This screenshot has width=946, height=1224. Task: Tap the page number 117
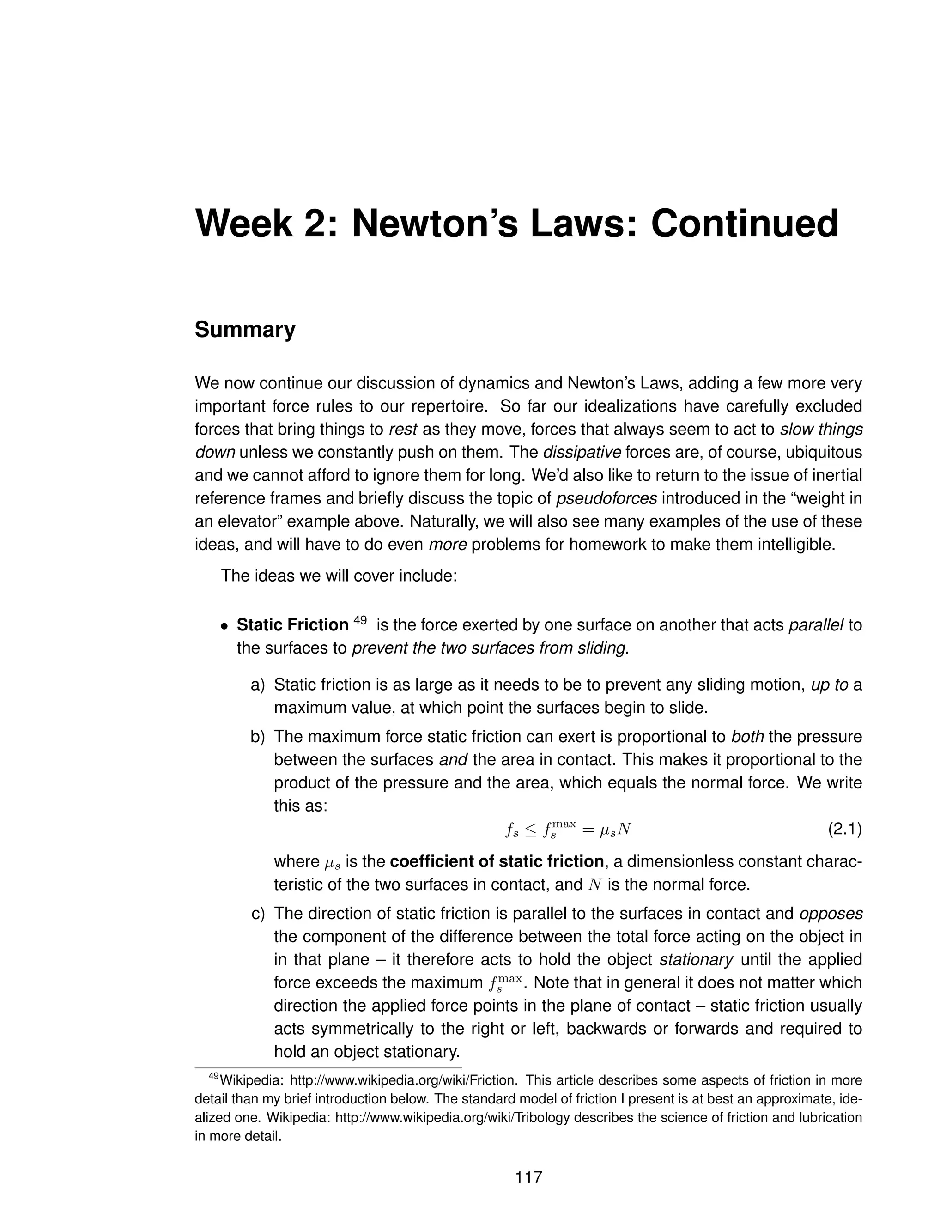528,1177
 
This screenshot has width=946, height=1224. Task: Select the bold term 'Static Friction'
292,625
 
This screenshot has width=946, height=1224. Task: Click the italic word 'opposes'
831,914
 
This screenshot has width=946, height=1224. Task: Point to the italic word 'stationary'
696,960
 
